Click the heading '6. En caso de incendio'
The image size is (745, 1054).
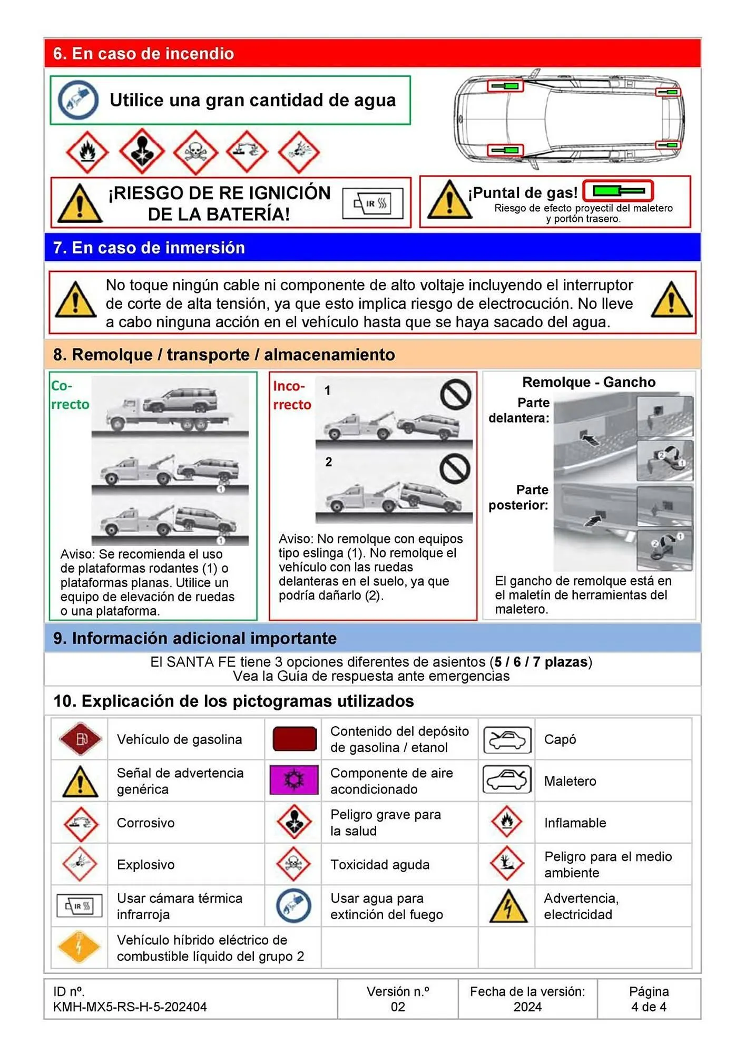tap(143, 54)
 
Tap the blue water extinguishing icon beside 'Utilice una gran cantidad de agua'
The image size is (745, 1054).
tap(78, 100)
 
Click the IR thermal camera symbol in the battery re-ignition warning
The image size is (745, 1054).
tap(372, 203)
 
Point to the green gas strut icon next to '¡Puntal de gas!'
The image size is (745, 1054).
tap(619, 191)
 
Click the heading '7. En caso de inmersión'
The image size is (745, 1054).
tap(149, 248)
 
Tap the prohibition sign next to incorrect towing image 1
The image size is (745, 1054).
tap(455, 394)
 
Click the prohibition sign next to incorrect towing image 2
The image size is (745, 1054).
tap(455, 468)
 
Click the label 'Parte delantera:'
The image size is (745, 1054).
tap(519, 410)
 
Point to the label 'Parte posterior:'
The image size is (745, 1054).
tap(518, 497)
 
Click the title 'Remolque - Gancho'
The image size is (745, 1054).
tap(589, 382)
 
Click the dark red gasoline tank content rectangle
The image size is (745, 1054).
tap(295, 739)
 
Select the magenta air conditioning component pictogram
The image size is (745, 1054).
tap(294, 780)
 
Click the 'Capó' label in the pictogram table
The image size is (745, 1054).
tap(560, 739)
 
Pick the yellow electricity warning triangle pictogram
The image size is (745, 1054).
tap(507, 906)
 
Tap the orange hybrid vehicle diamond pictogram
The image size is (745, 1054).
tap(79, 948)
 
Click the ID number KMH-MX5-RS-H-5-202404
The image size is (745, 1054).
tap(130, 1007)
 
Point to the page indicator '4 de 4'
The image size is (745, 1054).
tap(649, 1007)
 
